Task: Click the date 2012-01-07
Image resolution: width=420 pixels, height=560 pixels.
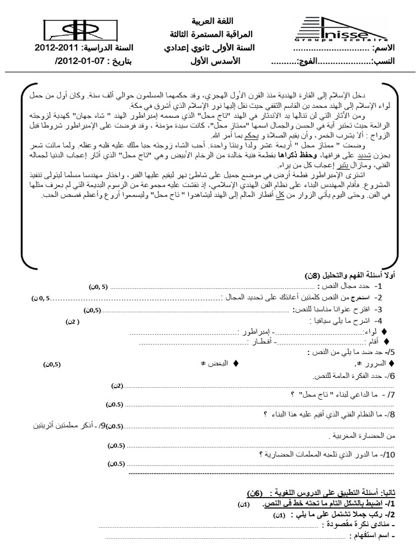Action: click(68, 61)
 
